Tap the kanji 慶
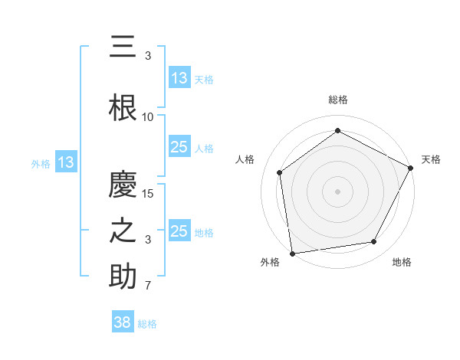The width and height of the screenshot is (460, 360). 123,185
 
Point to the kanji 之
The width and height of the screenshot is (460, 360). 123,231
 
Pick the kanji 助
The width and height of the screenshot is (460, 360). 123,277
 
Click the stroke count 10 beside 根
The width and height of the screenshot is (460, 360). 148,117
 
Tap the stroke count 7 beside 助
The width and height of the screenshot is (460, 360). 148,286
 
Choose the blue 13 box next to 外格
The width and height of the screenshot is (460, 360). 65,162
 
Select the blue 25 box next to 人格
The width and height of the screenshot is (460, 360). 179,148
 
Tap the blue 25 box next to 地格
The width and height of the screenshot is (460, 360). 179,232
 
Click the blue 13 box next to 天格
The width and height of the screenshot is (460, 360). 179,78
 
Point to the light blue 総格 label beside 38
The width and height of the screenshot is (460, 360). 147,324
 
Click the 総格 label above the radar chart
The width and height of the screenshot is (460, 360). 337,100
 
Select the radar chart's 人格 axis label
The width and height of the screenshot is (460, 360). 245,159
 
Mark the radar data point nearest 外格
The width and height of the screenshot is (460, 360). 292,253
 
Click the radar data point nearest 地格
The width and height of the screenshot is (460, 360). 374,241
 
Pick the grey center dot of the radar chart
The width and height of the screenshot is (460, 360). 337,191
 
